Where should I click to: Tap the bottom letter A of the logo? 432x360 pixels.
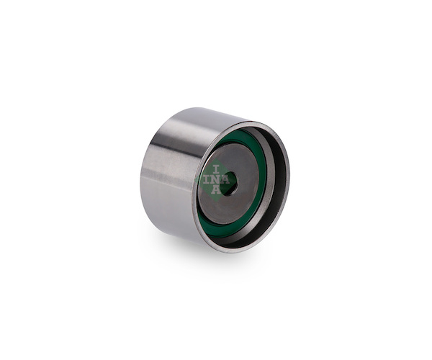tap(216, 189)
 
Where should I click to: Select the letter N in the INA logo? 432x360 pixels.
tap(215, 179)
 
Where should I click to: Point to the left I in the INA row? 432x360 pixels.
tap(206, 179)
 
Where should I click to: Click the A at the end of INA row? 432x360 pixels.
tap(225, 179)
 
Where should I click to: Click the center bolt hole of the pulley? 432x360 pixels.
tap(228, 184)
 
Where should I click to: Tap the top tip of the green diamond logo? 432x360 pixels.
tap(216, 159)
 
